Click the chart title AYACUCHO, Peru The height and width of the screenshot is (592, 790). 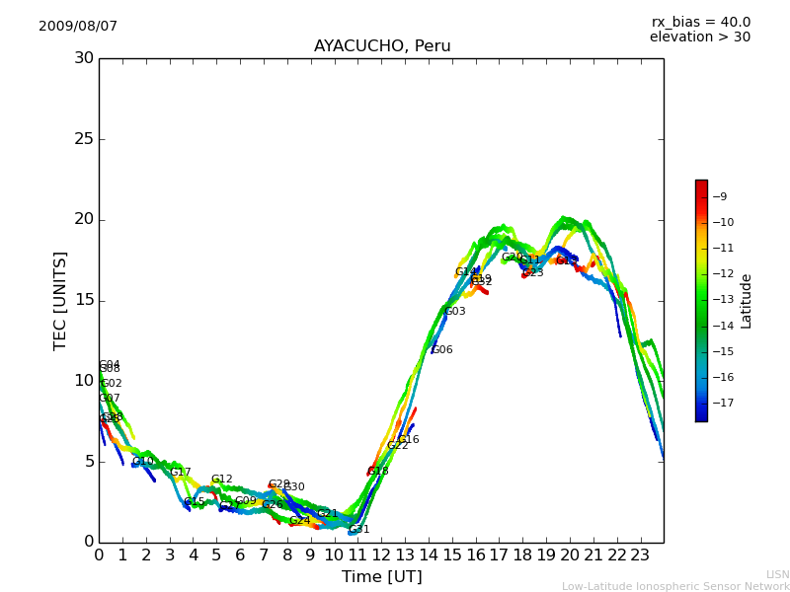pos(382,46)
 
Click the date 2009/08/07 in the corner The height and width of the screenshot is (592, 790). pos(78,27)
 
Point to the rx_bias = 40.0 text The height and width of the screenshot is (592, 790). pos(701,23)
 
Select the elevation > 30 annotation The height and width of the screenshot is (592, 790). pos(700,37)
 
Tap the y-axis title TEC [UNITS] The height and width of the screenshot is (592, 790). pos(61,300)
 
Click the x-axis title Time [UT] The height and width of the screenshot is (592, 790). pos(382,577)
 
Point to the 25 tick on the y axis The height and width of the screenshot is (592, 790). pos(84,139)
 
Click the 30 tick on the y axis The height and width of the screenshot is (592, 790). pos(84,58)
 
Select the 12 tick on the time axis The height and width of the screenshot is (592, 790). pos(381,555)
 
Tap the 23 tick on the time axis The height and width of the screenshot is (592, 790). pos(640,555)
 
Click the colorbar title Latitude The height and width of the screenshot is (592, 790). pos(747,300)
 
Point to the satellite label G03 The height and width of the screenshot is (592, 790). pos(454,312)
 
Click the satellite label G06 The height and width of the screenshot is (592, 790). pos(442,350)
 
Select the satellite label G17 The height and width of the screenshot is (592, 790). pos(180,473)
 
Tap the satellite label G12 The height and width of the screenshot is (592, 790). pos(221,480)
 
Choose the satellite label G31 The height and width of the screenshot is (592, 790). pos(359,530)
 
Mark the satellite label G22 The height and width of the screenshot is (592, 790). pos(397,446)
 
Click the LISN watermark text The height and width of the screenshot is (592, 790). pos(777,574)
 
